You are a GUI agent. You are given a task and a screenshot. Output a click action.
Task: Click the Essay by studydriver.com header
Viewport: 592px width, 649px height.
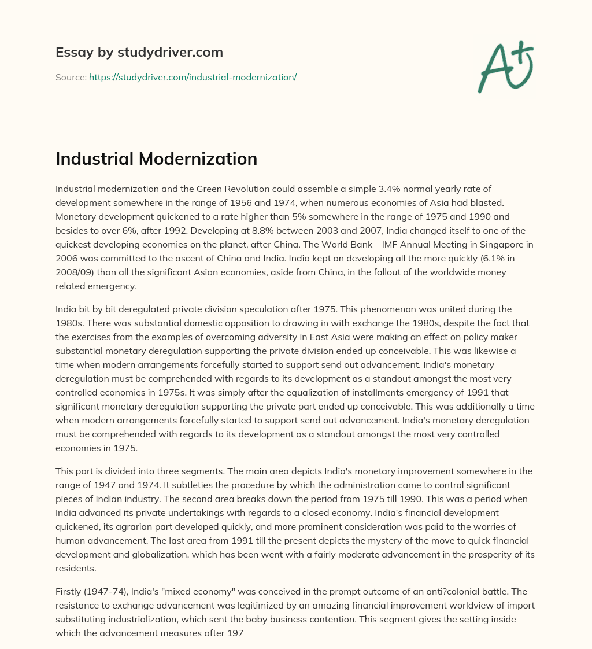click(139, 53)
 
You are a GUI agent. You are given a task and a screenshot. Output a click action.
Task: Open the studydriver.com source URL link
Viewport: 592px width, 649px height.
click(193, 77)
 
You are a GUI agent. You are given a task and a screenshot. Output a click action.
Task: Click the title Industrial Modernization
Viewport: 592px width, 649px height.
click(156, 159)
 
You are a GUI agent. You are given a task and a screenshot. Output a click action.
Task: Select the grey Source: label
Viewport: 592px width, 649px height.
click(71, 77)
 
